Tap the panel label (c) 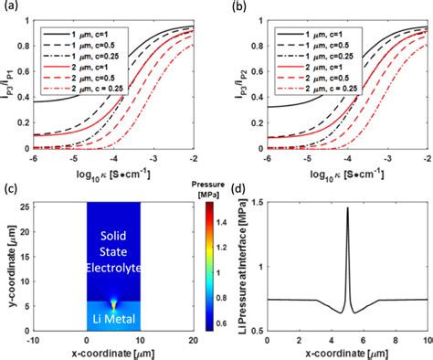pyautogui.click(x=10, y=190)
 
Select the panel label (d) pyautogui.click(x=239, y=190)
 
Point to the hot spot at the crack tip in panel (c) pyautogui.click(x=113, y=301)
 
